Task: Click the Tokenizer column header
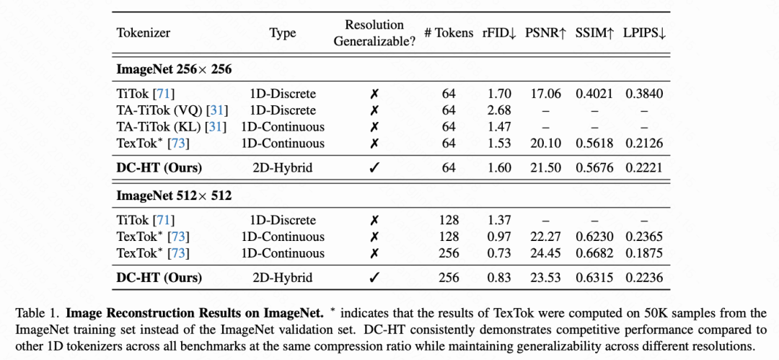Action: point(144,33)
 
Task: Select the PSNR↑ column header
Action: point(545,33)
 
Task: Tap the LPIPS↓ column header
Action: point(644,33)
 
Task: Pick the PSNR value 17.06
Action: point(546,94)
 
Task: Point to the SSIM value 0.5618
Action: point(594,143)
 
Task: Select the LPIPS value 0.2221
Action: point(644,168)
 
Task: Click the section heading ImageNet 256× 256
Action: point(175,69)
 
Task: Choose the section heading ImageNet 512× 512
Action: point(175,196)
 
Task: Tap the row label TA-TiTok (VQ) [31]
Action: point(172,110)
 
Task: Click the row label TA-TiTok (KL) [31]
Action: point(172,127)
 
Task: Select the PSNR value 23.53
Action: point(546,278)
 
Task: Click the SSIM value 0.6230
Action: point(594,237)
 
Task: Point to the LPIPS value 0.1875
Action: point(644,253)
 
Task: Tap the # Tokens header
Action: point(449,33)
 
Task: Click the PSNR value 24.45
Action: point(546,253)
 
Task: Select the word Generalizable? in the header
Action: point(374,42)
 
